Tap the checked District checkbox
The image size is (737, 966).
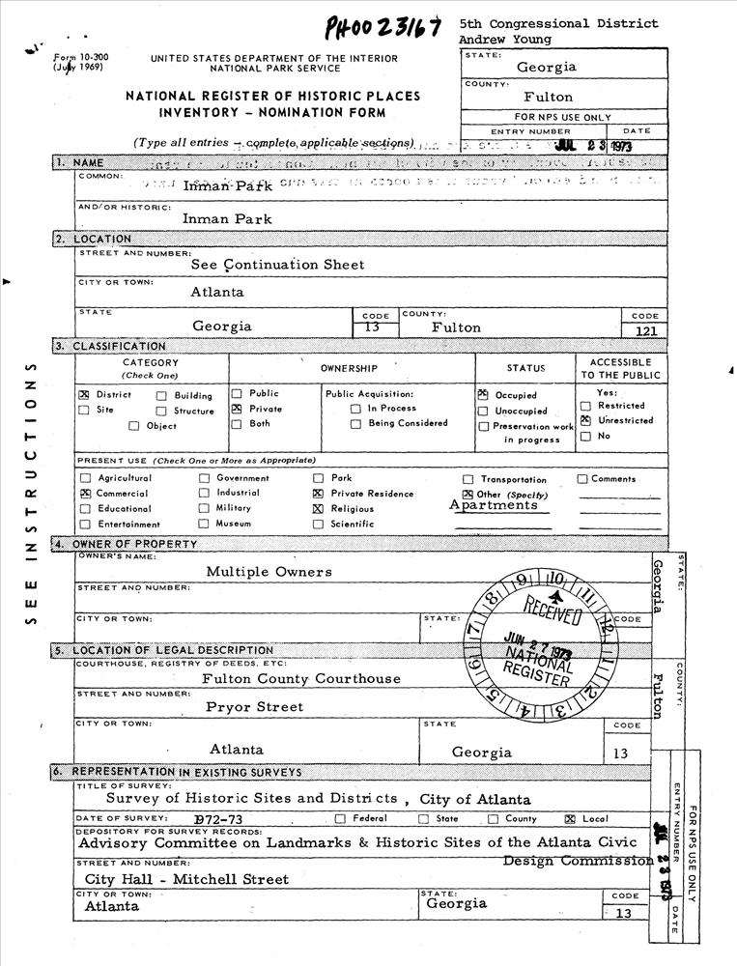pyautogui.click(x=84, y=395)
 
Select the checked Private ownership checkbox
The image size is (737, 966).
pyautogui.click(x=237, y=409)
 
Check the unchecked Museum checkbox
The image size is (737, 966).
pyautogui.click(x=204, y=524)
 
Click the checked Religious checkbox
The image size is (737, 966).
pyautogui.click(x=318, y=508)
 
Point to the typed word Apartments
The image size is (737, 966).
pyautogui.click(x=493, y=505)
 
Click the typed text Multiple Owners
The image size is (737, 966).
pyautogui.click(x=269, y=572)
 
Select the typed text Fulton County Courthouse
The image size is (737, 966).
pyautogui.click(x=300, y=679)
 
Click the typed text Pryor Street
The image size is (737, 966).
pyautogui.click(x=254, y=707)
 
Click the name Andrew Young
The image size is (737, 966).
pyautogui.click(x=505, y=40)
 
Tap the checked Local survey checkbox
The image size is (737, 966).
pyautogui.click(x=570, y=819)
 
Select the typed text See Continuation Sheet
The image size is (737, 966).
pyautogui.click(x=277, y=265)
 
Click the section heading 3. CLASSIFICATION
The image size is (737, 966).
pyautogui.click(x=110, y=346)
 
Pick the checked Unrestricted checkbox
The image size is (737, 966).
pyautogui.click(x=585, y=420)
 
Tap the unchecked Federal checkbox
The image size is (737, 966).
pyautogui.click(x=340, y=819)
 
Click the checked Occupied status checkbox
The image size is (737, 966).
pyautogui.click(x=483, y=395)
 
